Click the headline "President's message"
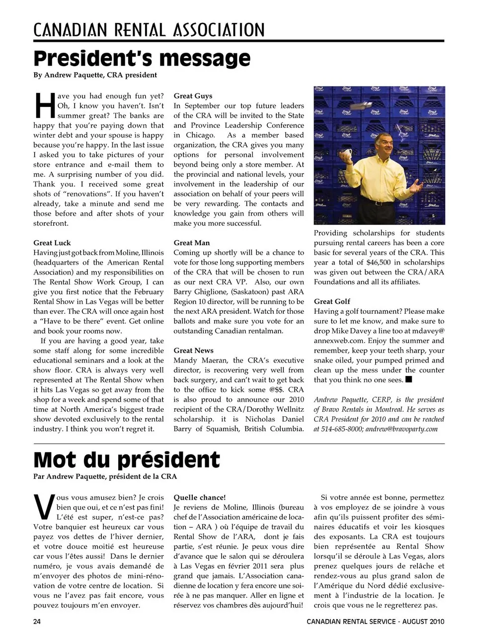pos(142,59)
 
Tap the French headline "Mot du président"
pos(126,459)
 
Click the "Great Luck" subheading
pos(52,243)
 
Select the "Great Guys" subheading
pos(193,96)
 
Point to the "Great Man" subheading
pos(192,243)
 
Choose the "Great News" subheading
pos(193,351)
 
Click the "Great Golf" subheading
pos(332,301)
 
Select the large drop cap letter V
pos(44,506)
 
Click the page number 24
pos(37,622)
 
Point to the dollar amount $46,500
pos(379,262)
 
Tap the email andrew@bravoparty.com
pos(401,429)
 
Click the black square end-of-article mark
pos(409,380)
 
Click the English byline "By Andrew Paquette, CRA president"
pos(95,75)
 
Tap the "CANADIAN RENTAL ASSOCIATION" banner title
pos(149,30)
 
